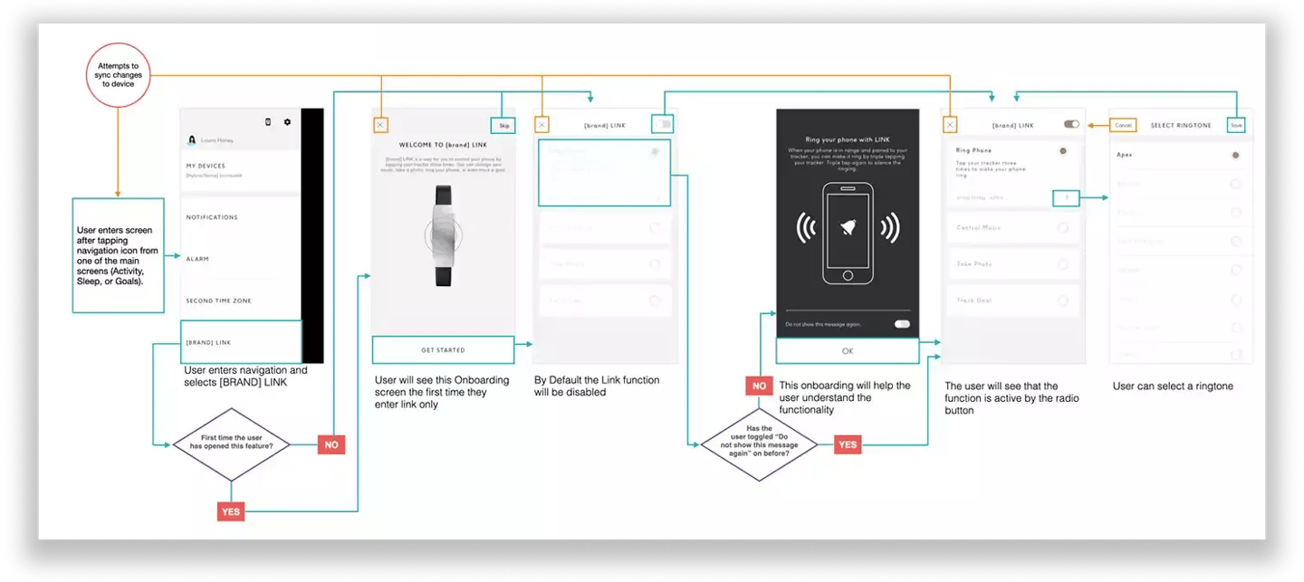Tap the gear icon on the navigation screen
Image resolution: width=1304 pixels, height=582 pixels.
click(x=288, y=122)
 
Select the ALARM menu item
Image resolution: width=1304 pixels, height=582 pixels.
click(x=197, y=259)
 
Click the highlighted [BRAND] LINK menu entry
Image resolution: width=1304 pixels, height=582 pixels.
click(x=241, y=342)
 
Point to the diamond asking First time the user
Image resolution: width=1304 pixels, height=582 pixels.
click(x=231, y=443)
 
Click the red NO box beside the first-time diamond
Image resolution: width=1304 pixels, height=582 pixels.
click(x=331, y=444)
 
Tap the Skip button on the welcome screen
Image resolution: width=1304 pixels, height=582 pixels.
click(x=503, y=126)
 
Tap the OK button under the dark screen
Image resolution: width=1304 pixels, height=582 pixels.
click(x=848, y=351)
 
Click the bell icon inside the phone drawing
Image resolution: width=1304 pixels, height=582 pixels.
click(x=848, y=229)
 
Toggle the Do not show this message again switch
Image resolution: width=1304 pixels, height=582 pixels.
click(x=902, y=324)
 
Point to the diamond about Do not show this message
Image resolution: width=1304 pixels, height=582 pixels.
click(x=759, y=444)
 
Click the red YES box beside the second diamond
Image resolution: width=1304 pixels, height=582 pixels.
click(x=848, y=444)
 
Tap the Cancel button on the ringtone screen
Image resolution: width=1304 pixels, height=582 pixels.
click(x=1123, y=125)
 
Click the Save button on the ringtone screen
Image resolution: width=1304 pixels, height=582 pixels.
click(x=1236, y=125)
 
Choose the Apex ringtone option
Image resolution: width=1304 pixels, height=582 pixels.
click(x=1125, y=156)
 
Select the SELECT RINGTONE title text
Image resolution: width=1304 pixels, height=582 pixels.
click(x=1180, y=125)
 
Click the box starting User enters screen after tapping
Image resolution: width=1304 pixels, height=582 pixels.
click(x=118, y=255)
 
